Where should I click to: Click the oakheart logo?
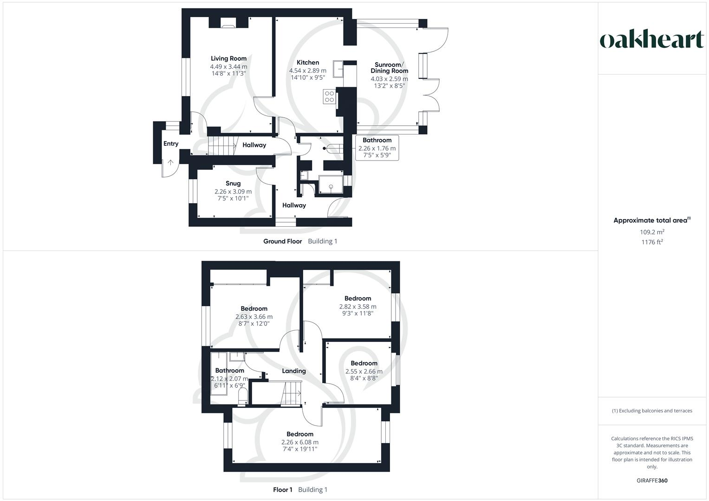coord(652,40)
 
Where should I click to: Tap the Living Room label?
coord(228,58)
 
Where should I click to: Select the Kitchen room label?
coord(308,63)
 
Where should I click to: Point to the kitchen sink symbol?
coord(338,68)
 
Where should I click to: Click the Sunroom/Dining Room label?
coord(389,68)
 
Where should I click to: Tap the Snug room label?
coord(233,183)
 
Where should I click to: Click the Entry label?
coord(171,144)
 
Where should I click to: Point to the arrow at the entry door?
coord(170,163)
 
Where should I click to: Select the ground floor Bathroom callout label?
coord(377,140)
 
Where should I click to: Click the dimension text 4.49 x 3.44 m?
coord(228,67)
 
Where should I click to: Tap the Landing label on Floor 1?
coord(294,371)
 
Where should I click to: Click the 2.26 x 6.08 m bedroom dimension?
coord(300,442)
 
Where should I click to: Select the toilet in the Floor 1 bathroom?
coord(242,397)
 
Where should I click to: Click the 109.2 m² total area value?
coord(652,232)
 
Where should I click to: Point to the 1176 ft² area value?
coord(652,242)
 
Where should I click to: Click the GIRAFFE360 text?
coord(652,481)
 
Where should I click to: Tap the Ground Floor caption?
coord(282,241)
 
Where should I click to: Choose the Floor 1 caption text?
coord(282,489)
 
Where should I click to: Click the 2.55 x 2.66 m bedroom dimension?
coord(364,371)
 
